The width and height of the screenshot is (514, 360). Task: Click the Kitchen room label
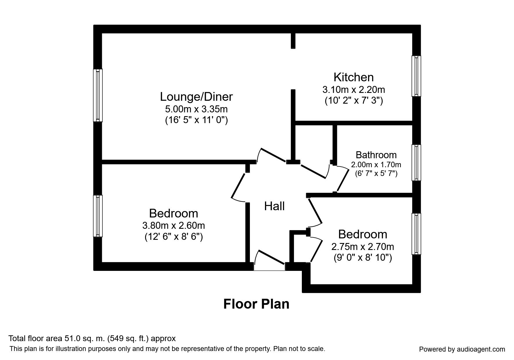354,77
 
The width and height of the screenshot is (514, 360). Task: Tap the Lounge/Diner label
196,97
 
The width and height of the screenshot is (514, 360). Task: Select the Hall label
274,206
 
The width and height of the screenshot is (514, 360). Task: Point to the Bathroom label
376,155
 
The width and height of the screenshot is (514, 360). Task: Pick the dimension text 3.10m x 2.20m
354,89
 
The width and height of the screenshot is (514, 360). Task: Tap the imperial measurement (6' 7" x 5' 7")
376,174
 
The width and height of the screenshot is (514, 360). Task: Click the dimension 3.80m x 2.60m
174,225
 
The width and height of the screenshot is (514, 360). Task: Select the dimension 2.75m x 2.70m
363,247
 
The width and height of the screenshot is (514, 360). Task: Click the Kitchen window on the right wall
416,76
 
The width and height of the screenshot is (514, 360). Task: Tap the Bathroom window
416,163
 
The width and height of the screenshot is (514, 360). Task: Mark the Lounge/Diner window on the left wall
98,95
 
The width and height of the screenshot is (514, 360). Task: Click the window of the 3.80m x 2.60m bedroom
98,216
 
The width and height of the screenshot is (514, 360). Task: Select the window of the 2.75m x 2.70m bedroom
416,234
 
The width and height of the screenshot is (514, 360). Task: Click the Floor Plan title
256,304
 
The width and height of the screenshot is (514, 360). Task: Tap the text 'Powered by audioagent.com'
462,349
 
